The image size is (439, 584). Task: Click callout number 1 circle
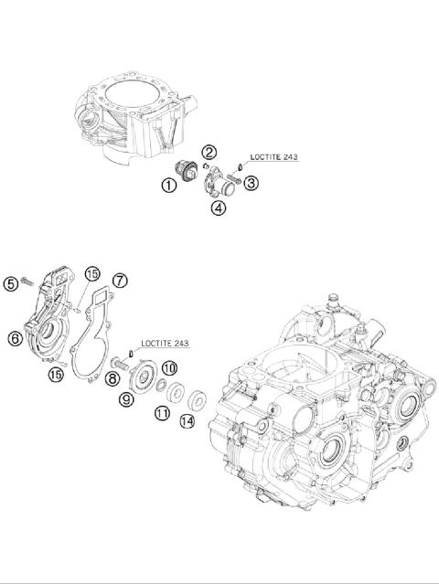pyautogui.click(x=169, y=186)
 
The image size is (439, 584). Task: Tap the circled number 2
pyautogui.click(x=209, y=152)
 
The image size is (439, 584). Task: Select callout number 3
pyautogui.click(x=251, y=183)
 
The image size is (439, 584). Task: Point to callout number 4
pyautogui.click(x=219, y=207)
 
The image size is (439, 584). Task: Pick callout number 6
pyautogui.click(x=15, y=337)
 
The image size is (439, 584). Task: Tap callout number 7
pyautogui.click(x=120, y=280)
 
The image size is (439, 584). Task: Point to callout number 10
pyautogui.click(x=168, y=367)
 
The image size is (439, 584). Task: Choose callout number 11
pyautogui.click(x=162, y=413)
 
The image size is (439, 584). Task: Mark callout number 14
pyautogui.click(x=187, y=421)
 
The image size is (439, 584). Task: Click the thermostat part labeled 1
pyautogui.click(x=187, y=171)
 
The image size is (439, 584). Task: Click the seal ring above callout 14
pyautogui.click(x=195, y=398)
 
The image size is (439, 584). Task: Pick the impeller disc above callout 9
pyautogui.click(x=144, y=378)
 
